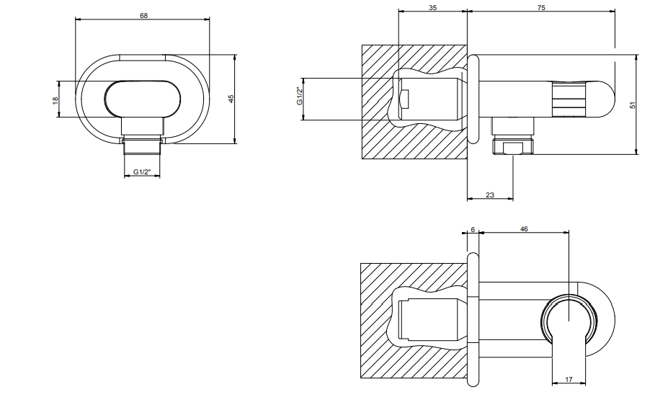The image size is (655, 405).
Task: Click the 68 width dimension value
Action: pos(144,15)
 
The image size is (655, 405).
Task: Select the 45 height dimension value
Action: pos(231,99)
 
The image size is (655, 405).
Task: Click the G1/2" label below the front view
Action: pos(142,172)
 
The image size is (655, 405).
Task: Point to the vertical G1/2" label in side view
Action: pos(299,96)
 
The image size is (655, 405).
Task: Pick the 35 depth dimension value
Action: pos(432,7)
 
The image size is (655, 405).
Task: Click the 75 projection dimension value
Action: pos(541,7)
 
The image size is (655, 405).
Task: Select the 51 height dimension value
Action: pos(632,104)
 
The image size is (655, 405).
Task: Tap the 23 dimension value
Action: pos(490,195)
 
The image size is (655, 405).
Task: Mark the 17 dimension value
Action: pos(570,379)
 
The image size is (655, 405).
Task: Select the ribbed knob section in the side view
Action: pos(569,99)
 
